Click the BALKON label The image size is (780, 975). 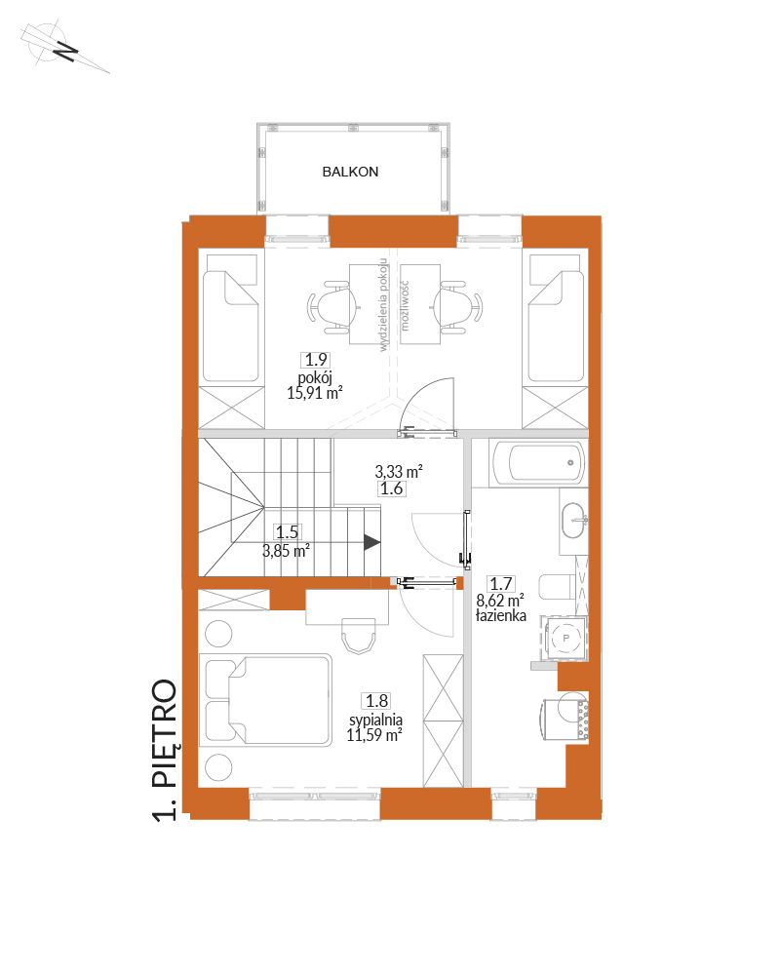(x=350, y=172)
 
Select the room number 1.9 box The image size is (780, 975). (x=315, y=360)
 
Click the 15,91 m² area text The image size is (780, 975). (x=315, y=392)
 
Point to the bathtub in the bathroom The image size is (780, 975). (x=537, y=462)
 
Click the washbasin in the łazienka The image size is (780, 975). (x=574, y=521)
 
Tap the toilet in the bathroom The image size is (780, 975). (x=558, y=586)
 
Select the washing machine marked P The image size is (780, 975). (x=565, y=638)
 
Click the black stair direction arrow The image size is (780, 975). (x=371, y=542)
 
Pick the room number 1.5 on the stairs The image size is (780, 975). (x=288, y=532)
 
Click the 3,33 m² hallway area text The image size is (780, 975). (x=399, y=471)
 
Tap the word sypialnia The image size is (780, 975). (x=375, y=720)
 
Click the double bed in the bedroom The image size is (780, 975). (x=265, y=699)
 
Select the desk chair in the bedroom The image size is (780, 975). (x=359, y=636)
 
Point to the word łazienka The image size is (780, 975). (x=501, y=615)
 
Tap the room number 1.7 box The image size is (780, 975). (x=501, y=584)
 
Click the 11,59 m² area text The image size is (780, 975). (x=374, y=735)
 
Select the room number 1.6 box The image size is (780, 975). (x=391, y=488)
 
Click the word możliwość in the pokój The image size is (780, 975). (x=405, y=305)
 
